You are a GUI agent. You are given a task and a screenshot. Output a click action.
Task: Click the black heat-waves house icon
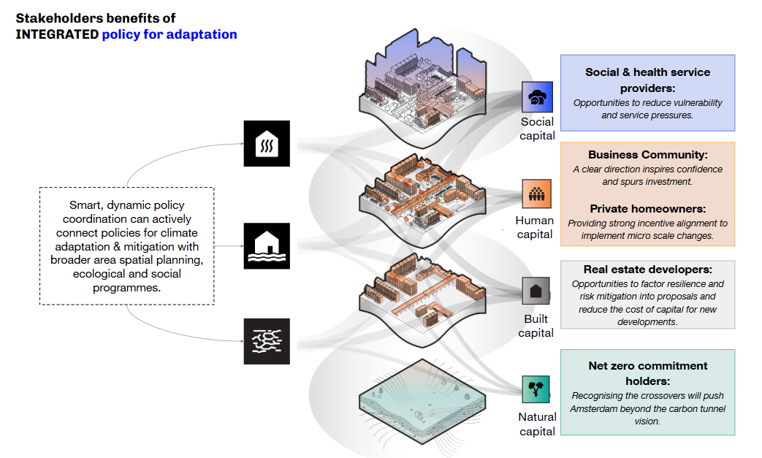coord(267,144)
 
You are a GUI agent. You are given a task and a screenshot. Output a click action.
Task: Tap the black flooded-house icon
coord(267,245)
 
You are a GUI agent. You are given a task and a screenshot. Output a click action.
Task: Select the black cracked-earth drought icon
coord(267,341)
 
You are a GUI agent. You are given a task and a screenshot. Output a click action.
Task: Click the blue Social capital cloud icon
coord(537,96)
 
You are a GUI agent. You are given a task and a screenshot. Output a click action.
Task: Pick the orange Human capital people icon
coord(537,194)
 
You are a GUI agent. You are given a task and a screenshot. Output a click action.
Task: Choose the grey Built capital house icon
coord(536,291)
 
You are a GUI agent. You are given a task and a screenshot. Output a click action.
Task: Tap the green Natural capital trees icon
coord(536,389)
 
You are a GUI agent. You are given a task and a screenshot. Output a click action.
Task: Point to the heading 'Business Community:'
coord(647,155)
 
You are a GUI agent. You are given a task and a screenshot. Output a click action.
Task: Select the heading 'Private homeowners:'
coord(647,209)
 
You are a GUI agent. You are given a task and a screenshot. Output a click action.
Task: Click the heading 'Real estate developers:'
coord(647,270)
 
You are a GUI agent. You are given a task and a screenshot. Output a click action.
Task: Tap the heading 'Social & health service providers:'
coord(647,79)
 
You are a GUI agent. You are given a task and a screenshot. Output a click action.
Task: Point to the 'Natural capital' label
coord(537,424)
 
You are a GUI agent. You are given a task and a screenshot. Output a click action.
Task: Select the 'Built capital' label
coord(536,326)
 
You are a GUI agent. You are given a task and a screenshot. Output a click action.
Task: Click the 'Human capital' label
coord(536,227)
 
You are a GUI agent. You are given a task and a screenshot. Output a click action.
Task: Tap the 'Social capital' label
coord(537,129)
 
